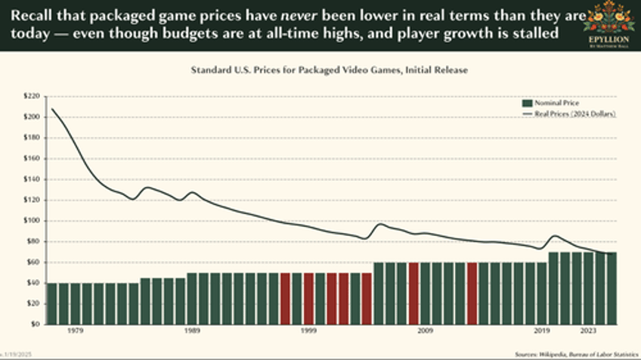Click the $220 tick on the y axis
pos(33,97)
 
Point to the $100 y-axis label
pos(33,221)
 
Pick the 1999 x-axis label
pos(308,331)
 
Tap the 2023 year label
pos(588,331)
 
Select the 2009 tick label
pos(425,331)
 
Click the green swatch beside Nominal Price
pos(527,103)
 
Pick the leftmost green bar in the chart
pos(51,303)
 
